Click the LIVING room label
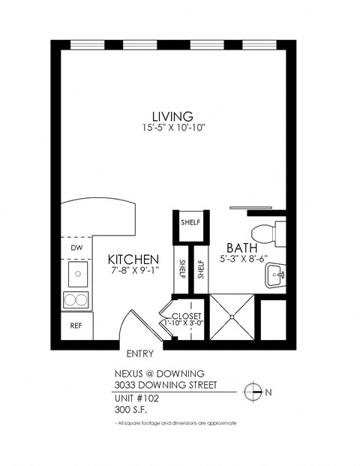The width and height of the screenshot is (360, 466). (x=172, y=116)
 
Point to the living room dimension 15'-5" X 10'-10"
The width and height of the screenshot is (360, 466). (x=172, y=129)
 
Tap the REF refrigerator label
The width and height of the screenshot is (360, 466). (x=76, y=326)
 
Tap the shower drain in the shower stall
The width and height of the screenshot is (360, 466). (x=233, y=318)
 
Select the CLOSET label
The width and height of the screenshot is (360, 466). (x=187, y=316)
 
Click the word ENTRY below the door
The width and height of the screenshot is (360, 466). (x=140, y=353)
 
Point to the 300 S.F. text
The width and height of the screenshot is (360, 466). (x=133, y=410)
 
